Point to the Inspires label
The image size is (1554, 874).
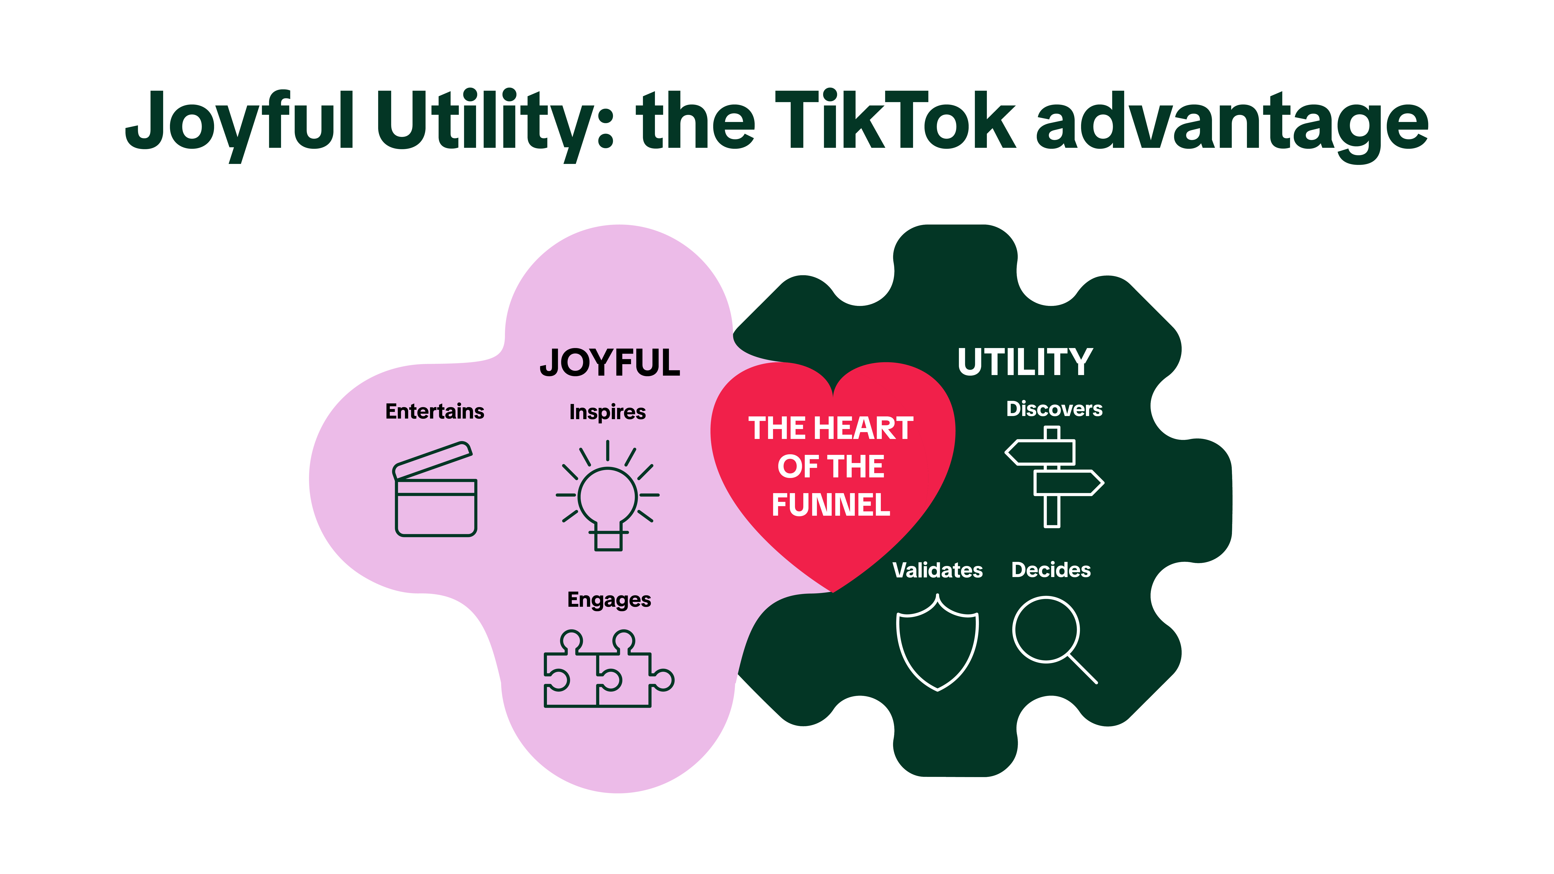pyautogui.click(x=608, y=413)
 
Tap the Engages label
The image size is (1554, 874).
pyautogui.click(x=609, y=600)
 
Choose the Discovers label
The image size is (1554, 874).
pyautogui.click(x=1054, y=409)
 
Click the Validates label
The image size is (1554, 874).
pyautogui.click(x=938, y=570)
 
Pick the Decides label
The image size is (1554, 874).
pyautogui.click(x=1051, y=570)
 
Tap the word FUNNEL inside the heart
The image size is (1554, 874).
pyautogui.click(x=831, y=505)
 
